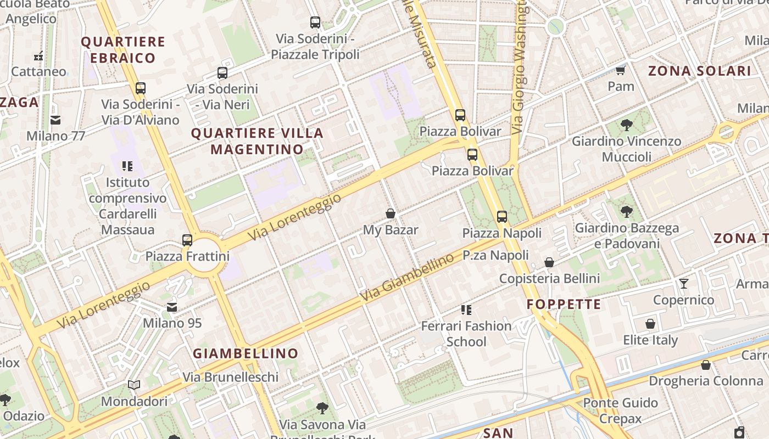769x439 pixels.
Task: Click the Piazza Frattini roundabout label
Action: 187,256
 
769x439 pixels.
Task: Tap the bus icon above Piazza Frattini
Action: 187,240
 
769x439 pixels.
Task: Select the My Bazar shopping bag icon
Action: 391,213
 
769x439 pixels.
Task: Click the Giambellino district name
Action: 246,353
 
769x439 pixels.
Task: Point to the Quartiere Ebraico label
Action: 123,50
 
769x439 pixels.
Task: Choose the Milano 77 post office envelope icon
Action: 55,120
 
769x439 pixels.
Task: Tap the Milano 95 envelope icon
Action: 172,307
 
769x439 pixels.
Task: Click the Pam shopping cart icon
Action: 621,70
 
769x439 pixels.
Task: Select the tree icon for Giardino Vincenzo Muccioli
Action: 626,125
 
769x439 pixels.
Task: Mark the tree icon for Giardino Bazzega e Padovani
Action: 626,212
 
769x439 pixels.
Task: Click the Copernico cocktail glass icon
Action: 684,284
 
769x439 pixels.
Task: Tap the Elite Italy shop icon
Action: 650,324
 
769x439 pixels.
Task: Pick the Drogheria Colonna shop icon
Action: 706,365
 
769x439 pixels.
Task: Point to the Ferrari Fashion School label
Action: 466,334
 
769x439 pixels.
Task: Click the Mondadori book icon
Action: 134,385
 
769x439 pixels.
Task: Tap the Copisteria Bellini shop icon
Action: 549,263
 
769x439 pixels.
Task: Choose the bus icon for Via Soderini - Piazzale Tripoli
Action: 315,22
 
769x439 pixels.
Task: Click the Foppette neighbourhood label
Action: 564,305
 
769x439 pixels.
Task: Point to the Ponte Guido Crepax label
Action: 620,410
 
